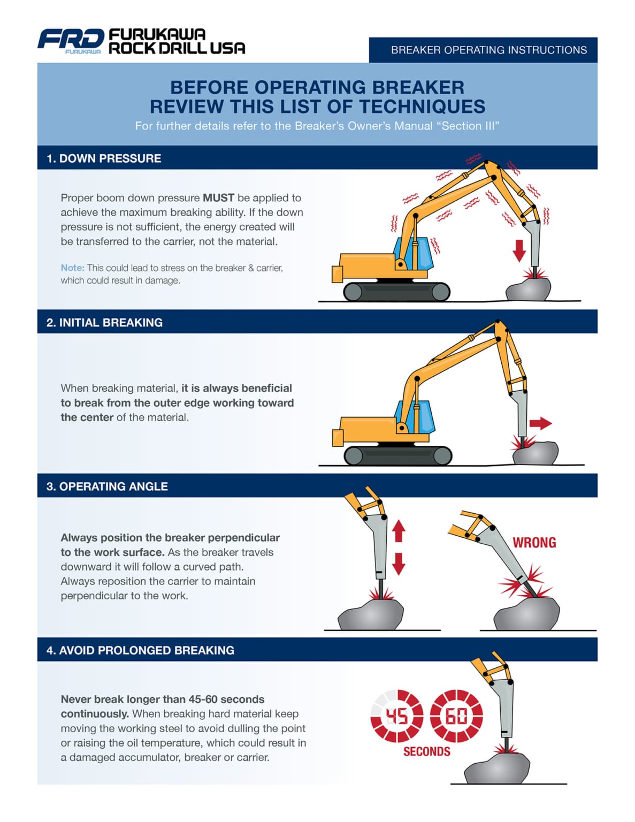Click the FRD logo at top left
click(71, 40)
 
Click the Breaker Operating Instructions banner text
click(488, 50)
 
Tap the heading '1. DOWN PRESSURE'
click(104, 158)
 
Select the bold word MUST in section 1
click(218, 197)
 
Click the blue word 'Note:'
click(72, 268)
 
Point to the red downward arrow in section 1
click(519, 250)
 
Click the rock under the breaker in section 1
click(528, 290)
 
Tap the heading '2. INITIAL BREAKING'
click(104, 323)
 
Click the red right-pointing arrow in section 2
click(540, 423)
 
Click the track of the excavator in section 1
click(396, 292)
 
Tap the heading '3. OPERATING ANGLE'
click(107, 486)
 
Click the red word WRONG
click(534, 543)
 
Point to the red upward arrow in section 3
click(399, 531)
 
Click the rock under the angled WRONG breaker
click(526, 615)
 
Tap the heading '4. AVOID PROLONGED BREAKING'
click(140, 650)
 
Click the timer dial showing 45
click(397, 716)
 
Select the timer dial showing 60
click(457, 716)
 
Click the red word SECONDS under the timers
click(426, 751)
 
